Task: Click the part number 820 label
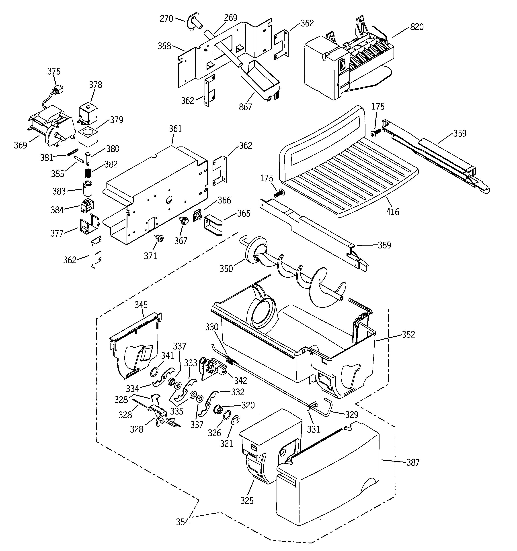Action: point(416,27)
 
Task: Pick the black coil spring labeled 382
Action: point(88,174)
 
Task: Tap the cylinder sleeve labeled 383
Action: point(88,188)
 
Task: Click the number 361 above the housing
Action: point(175,129)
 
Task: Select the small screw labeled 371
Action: point(160,238)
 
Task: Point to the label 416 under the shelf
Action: point(392,212)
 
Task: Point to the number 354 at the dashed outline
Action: point(182,522)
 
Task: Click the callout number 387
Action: point(413,462)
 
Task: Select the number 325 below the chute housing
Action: point(247,500)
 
